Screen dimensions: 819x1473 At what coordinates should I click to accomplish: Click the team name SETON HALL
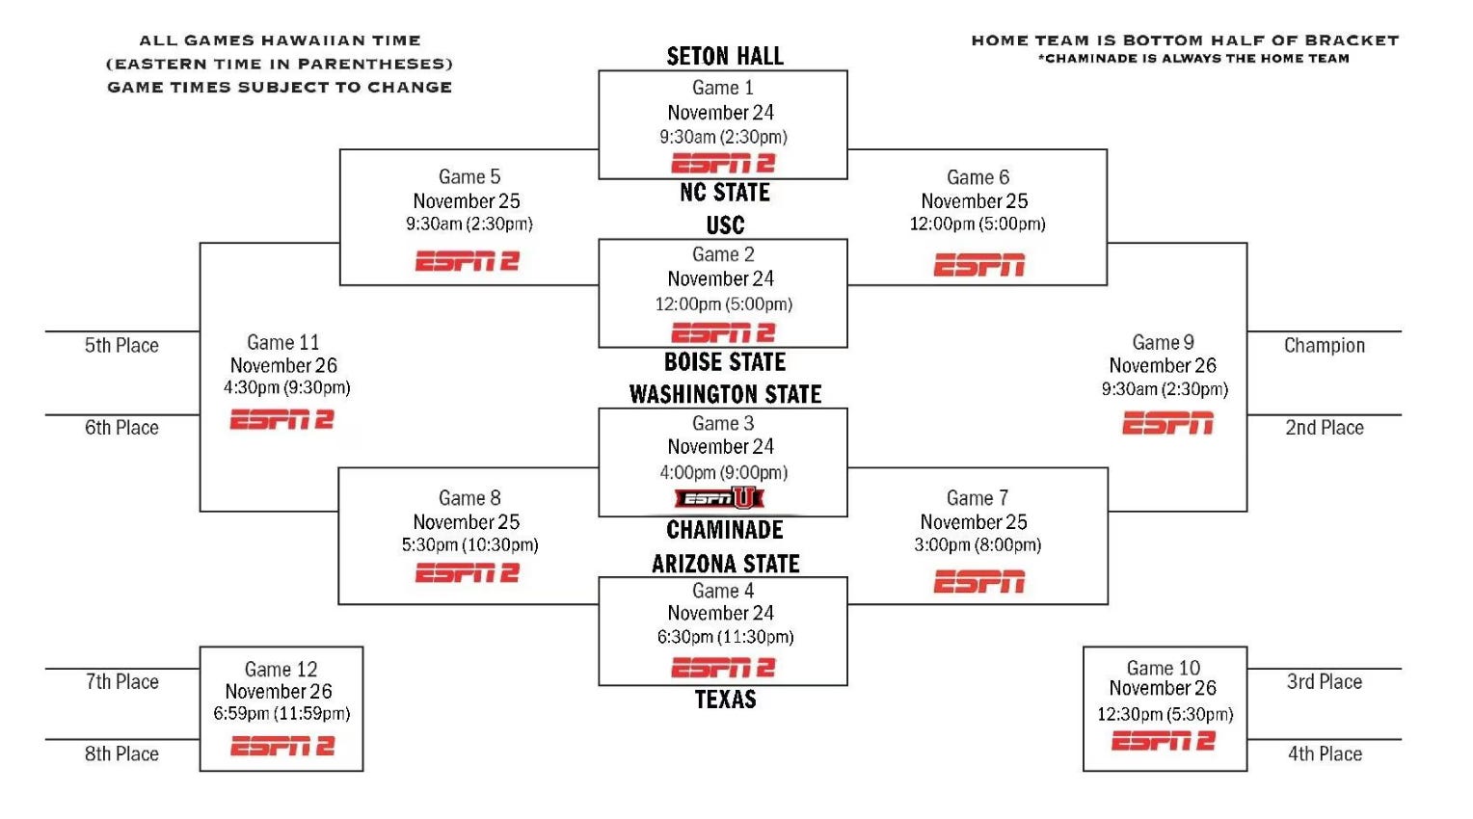click(725, 56)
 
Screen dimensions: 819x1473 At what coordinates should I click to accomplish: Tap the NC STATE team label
click(725, 193)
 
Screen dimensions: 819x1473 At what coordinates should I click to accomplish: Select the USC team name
click(725, 225)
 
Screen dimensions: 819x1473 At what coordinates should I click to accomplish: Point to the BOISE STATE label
click(725, 362)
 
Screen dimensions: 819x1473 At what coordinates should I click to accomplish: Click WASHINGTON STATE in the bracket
click(725, 394)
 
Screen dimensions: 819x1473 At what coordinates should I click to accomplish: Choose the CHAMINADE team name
click(725, 530)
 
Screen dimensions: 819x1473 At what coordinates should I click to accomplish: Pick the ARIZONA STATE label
click(725, 564)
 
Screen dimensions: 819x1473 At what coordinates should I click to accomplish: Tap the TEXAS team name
click(725, 700)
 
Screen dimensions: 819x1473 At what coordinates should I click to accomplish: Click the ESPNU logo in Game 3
click(719, 498)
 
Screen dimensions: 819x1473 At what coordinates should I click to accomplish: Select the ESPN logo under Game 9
click(1167, 424)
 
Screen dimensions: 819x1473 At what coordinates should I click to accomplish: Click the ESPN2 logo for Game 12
click(282, 746)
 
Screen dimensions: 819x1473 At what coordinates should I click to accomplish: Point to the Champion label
click(1324, 345)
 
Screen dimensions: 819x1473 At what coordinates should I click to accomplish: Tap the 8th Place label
click(121, 753)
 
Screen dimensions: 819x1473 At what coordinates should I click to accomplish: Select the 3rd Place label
click(1324, 681)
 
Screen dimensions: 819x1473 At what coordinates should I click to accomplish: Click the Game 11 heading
click(282, 342)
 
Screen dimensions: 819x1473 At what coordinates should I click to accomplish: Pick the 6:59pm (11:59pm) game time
click(281, 713)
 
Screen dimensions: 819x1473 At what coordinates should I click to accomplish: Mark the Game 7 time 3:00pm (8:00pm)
click(978, 544)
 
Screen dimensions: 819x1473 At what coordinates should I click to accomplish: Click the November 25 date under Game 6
click(974, 200)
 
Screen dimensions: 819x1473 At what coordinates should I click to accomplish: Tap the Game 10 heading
click(1164, 668)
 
